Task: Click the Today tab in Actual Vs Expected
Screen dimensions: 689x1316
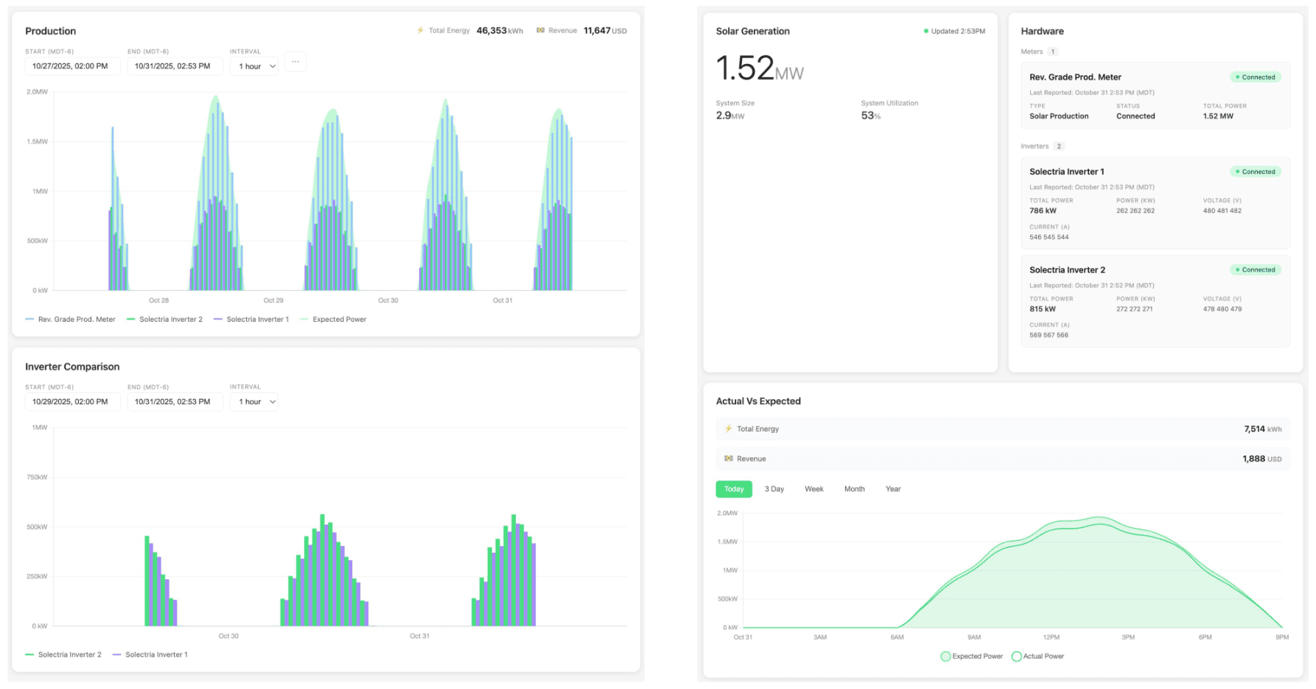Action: click(x=733, y=489)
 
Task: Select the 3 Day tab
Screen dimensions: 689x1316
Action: click(x=774, y=489)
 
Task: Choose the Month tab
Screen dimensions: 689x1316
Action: click(x=854, y=489)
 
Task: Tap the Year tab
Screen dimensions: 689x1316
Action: click(x=892, y=489)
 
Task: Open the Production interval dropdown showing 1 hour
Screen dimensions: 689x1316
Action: click(x=256, y=66)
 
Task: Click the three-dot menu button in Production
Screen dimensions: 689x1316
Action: click(x=295, y=62)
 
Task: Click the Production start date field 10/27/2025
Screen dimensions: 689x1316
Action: click(x=71, y=66)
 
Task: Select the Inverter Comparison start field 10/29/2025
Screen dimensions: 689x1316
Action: click(x=71, y=402)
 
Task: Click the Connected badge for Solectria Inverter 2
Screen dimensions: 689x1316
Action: click(x=1256, y=270)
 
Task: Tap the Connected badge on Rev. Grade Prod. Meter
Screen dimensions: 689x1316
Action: click(x=1256, y=77)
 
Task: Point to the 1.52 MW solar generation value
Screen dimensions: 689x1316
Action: click(x=759, y=68)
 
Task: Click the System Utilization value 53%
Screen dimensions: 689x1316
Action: click(x=870, y=116)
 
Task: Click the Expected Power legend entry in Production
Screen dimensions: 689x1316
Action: click(x=338, y=319)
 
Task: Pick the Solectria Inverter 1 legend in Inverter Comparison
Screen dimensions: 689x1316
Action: click(x=155, y=654)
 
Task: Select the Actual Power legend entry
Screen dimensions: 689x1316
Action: click(x=1043, y=656)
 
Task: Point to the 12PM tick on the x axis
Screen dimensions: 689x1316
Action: click(x=1051, y=637)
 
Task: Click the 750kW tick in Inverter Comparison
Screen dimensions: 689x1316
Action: click(x=37, y=477)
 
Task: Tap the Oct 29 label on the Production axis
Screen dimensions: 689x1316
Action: click(x=273, y=300)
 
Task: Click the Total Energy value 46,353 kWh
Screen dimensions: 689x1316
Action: click(x=499, y=31)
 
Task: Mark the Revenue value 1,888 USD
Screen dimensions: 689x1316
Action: click(x=1261, y=459)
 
